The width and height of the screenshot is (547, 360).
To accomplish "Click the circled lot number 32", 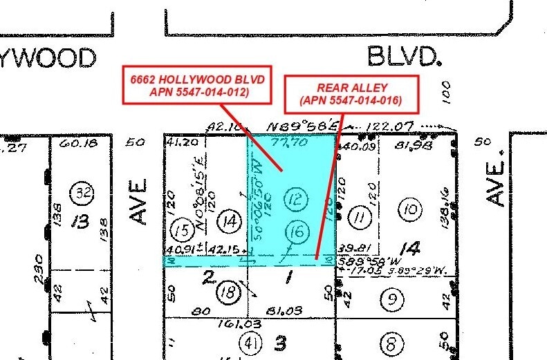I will pyautogui.click(x=84, y=192).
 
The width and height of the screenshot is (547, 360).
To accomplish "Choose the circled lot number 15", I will pyautogui.click(x=183, y=228).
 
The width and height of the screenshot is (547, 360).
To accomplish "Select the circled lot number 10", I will pyautogui.click(x=410, y=209).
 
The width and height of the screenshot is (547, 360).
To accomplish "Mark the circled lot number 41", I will pyautogui.click(x=249, y=342).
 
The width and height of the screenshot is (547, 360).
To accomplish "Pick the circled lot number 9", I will pyautogui.click(x=391, y=300).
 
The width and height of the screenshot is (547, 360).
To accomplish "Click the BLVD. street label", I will pyautogui.click(x=404, y=56).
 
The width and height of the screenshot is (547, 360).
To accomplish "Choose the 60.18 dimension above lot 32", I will pyautogui.click(x=75, y=144).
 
